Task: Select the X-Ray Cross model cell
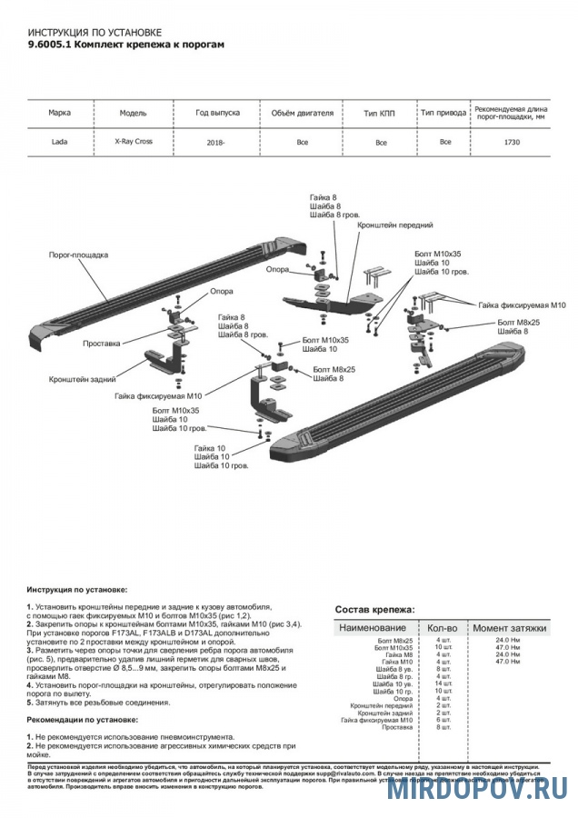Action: [x=134, y=142]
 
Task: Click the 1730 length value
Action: [x=512, y=143]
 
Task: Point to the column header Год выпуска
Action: [x=218, y=113]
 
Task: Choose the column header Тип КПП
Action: [x=381, y=114]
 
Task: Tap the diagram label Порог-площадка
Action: [x=79, y=255]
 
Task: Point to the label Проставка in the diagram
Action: [x=101, y=344]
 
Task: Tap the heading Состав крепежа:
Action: [x=374, y=609]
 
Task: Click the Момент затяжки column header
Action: [x=509, y=628]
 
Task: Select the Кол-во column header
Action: [x=443, y=628]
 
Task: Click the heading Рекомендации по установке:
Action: [x=83, y=719]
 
